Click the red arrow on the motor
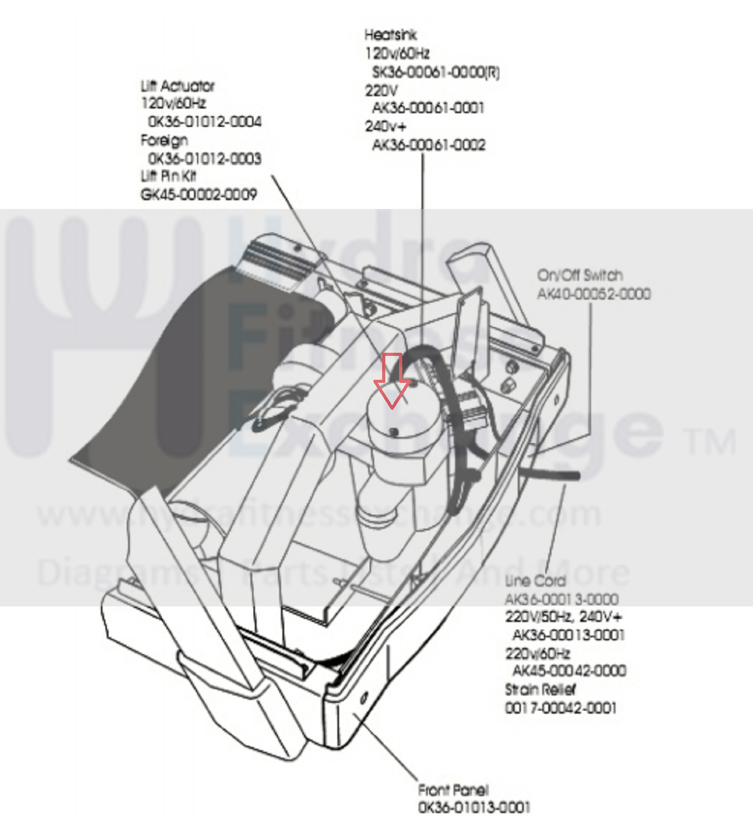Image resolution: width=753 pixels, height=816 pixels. [x=392, y=381]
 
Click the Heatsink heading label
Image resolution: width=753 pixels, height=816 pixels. [x=390, y=35]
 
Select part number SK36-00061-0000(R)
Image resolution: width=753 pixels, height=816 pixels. [x=435, y=72]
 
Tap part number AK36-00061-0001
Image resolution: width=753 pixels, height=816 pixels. [x=428, y=108]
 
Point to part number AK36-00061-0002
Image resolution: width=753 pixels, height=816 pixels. [x=428, y=145]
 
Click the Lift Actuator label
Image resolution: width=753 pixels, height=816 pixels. [x=178, y=85]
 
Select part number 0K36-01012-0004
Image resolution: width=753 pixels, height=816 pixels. [x=205, y=121]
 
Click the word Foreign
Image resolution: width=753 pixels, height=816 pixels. [x=164, y=140]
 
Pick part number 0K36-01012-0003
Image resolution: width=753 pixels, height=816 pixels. [x=205, y=158]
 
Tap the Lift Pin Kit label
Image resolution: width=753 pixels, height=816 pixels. [x=168, y=177]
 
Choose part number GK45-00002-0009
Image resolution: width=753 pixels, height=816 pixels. [x=198, y=195]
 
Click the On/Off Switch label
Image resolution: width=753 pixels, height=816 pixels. [x=580, y=275]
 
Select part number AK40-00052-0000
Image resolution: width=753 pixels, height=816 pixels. [x=593, y=293]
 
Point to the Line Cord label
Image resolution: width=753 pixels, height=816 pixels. [x=535, y=580]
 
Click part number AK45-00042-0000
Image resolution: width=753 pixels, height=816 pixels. [x=569, y=671]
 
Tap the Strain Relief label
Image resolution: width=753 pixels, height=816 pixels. [x=540, y=689]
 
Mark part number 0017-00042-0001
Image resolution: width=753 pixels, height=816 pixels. [x=561, y=708]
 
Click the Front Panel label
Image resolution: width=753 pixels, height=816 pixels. [x=453, y=790]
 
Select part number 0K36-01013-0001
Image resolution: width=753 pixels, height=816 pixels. [x=474, y=807]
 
